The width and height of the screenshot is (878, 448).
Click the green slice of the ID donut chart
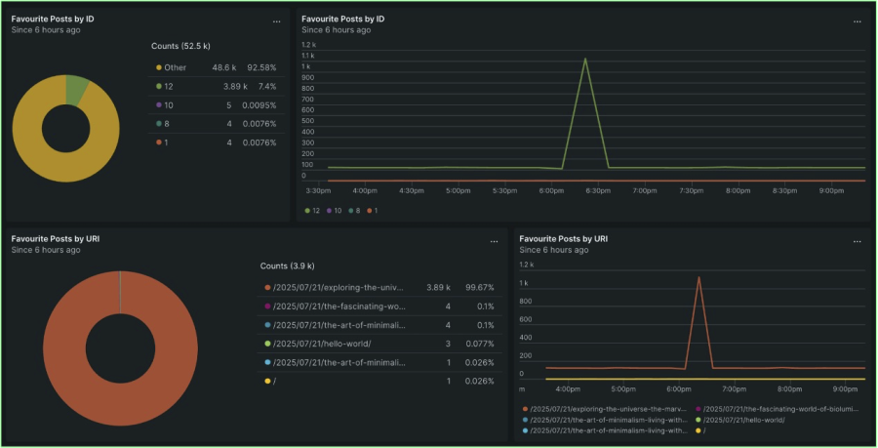click(x=78, y=90)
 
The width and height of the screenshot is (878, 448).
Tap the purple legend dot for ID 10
click(x=158, y=104)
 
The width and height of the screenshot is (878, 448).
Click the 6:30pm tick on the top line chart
click(x=597, y=190)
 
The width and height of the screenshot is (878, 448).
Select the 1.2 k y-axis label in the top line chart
click(x=308, y=45)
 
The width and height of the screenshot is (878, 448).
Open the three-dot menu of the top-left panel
click(x=276, y=20)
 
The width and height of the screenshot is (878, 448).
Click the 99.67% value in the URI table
click(x=479, y=288)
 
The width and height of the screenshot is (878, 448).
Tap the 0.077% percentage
click(x=479, y=344)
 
